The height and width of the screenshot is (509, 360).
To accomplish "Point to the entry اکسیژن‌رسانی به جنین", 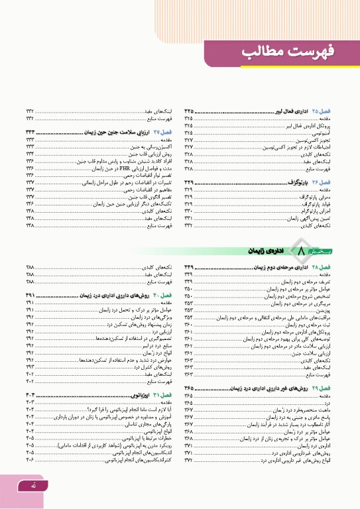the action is (154, 147).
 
